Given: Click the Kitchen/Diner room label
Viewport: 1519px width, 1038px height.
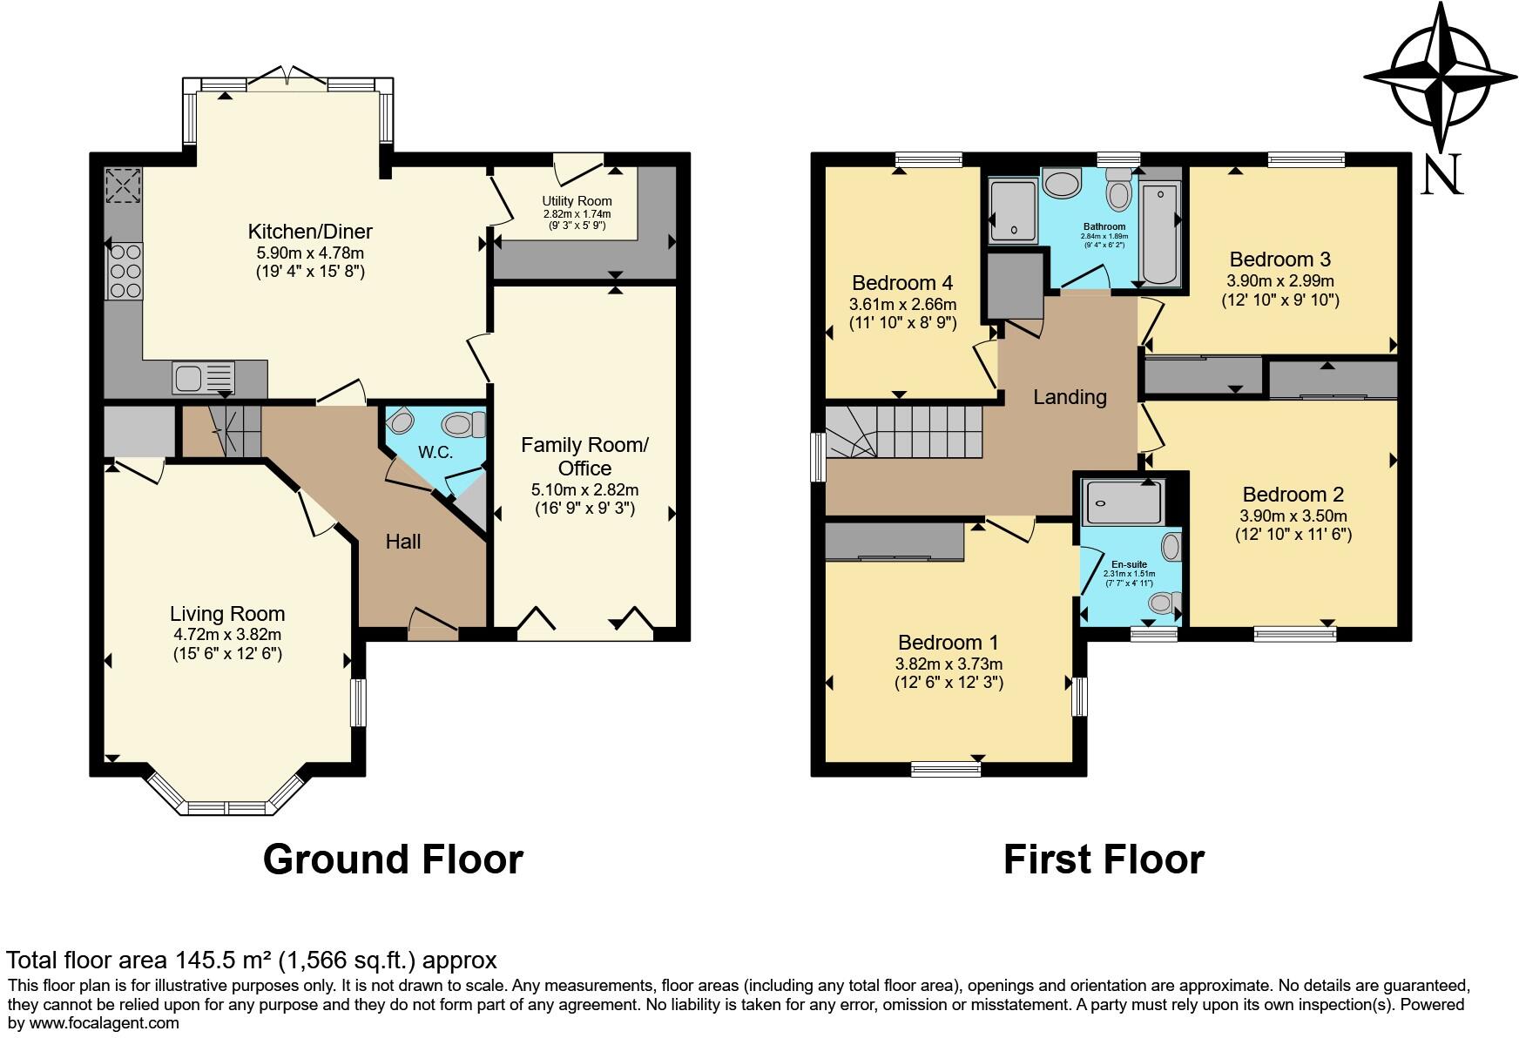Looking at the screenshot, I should pyautogui.click(x=310, y=232).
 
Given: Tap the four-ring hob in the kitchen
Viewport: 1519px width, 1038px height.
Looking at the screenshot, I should pyautogui.click(x=124, y=271).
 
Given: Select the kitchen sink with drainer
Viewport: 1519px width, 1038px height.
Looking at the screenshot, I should pyautogui.click(x=204, y=378).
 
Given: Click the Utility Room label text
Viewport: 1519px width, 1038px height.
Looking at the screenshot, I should pyautogui.click(x=577, y=201).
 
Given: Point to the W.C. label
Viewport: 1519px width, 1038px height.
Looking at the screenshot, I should pyautogui.click(x=435, y=452).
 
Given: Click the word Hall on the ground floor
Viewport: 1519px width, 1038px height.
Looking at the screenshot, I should pyautogui.click(x=402, y=542).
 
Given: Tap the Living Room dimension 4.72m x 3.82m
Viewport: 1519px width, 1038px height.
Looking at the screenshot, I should pyautogui.click(x=226, y=635).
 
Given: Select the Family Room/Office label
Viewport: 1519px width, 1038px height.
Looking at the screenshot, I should pyautogui.click(x=584, y=456).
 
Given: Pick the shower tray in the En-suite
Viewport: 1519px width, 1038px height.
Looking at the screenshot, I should pyautogui.click(x=1122, y=502).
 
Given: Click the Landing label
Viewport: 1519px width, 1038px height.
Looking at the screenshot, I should pyautogui.click(x=1070, y=397).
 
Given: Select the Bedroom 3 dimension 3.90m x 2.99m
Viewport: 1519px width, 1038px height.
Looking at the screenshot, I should pyautogui.click(x=1279, y=281).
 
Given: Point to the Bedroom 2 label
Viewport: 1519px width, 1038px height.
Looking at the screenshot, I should pyautogui.click(x=1293, y=495).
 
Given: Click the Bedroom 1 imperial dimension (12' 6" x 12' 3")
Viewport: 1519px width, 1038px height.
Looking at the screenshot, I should pyautogui.click(x=949, y=683).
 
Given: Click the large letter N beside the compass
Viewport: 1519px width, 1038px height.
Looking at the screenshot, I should pyautogui.click(x=1441, y=176).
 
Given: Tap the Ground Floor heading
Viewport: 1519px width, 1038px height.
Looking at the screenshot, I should pyautogui.click(x=393, y=859).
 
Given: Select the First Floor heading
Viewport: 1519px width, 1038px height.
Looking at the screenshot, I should pyautogui.click(x=1103, y=859).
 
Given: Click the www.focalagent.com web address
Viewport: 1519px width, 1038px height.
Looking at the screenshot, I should pyautogui.click(x=105, y=1023).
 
